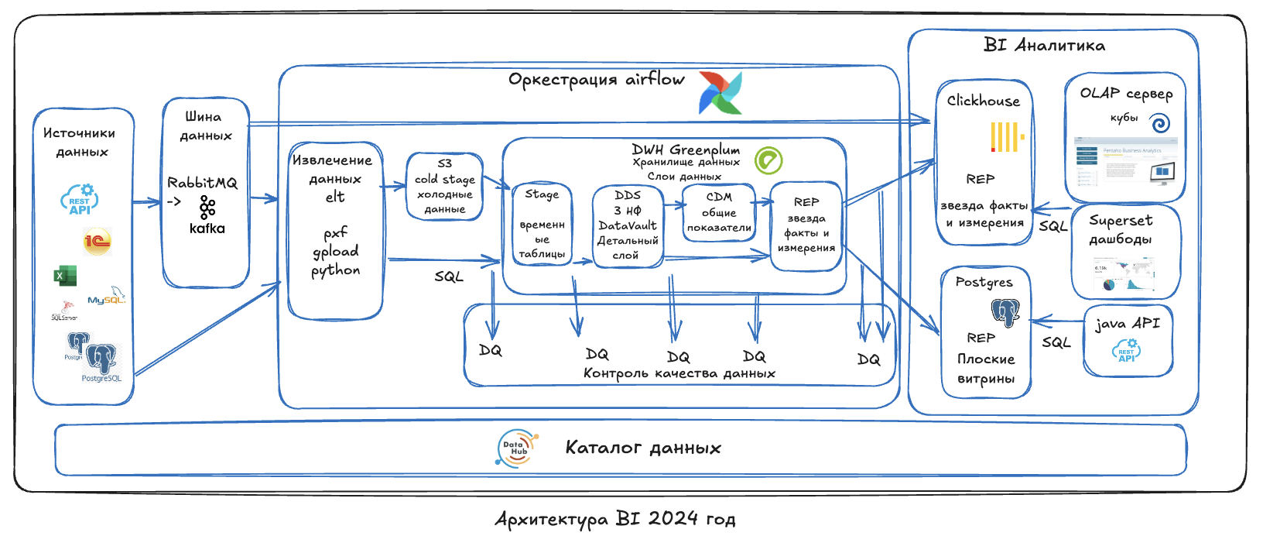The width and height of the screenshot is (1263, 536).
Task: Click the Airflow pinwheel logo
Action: (x=720, y=93)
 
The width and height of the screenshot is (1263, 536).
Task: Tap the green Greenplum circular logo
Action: (x=768, y=160)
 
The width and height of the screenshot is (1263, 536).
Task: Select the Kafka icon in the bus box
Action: (x=207, y=207)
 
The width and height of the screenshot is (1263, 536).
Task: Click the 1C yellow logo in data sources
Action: (x=98, y=242)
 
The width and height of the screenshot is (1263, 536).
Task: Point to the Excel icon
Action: (x=64, y=275)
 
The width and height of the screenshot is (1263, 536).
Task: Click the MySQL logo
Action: (x=106, y=298)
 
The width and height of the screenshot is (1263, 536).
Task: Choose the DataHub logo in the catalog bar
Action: (x=516, y=448)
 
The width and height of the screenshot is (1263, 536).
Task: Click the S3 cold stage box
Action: (x=444, y=186)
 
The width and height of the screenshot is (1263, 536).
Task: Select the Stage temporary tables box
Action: (x=542, y=225)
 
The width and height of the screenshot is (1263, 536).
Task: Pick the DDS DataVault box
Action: (x=627, y=225)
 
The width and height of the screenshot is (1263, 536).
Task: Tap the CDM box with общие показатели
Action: (x=719, y=212)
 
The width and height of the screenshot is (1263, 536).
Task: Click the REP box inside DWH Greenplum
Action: (x=806, y=225)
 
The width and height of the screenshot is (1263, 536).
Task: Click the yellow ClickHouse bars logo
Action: (x=1007, y=137)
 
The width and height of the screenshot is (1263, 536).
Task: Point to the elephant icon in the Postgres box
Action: (x=1005, y=312)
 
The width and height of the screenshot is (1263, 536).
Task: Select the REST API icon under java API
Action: (x=1126, y=351)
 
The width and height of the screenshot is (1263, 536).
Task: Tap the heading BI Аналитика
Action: (x=1044, y=46)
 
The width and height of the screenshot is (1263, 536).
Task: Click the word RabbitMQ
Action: (x=202, y=183)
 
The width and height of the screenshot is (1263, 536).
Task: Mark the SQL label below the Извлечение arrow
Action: (x=448, y=276)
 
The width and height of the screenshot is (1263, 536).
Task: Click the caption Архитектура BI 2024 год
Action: (x=615, y=518)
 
